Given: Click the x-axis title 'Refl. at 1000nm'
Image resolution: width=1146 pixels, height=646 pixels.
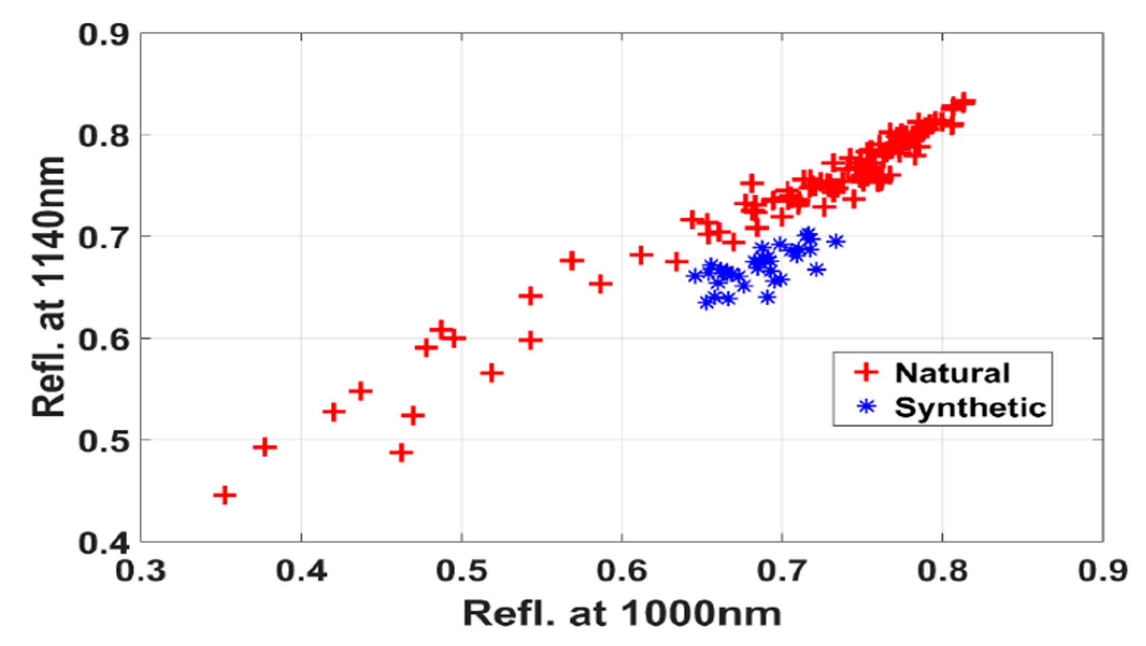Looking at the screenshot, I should [622, 614].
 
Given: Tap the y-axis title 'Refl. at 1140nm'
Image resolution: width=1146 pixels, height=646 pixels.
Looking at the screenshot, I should [48, 287].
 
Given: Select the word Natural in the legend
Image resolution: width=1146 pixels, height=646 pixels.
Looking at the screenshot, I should [952, 373].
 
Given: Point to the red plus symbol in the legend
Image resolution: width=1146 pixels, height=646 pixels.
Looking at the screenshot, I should [866, 372].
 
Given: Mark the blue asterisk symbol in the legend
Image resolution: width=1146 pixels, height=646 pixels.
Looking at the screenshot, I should [866, 406].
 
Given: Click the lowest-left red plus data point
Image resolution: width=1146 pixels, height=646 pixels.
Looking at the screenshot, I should [225, 495].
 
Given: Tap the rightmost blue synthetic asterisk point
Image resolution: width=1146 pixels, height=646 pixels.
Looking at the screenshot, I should [835, 242].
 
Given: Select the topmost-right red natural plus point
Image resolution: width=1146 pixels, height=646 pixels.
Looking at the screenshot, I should [964, 101].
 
